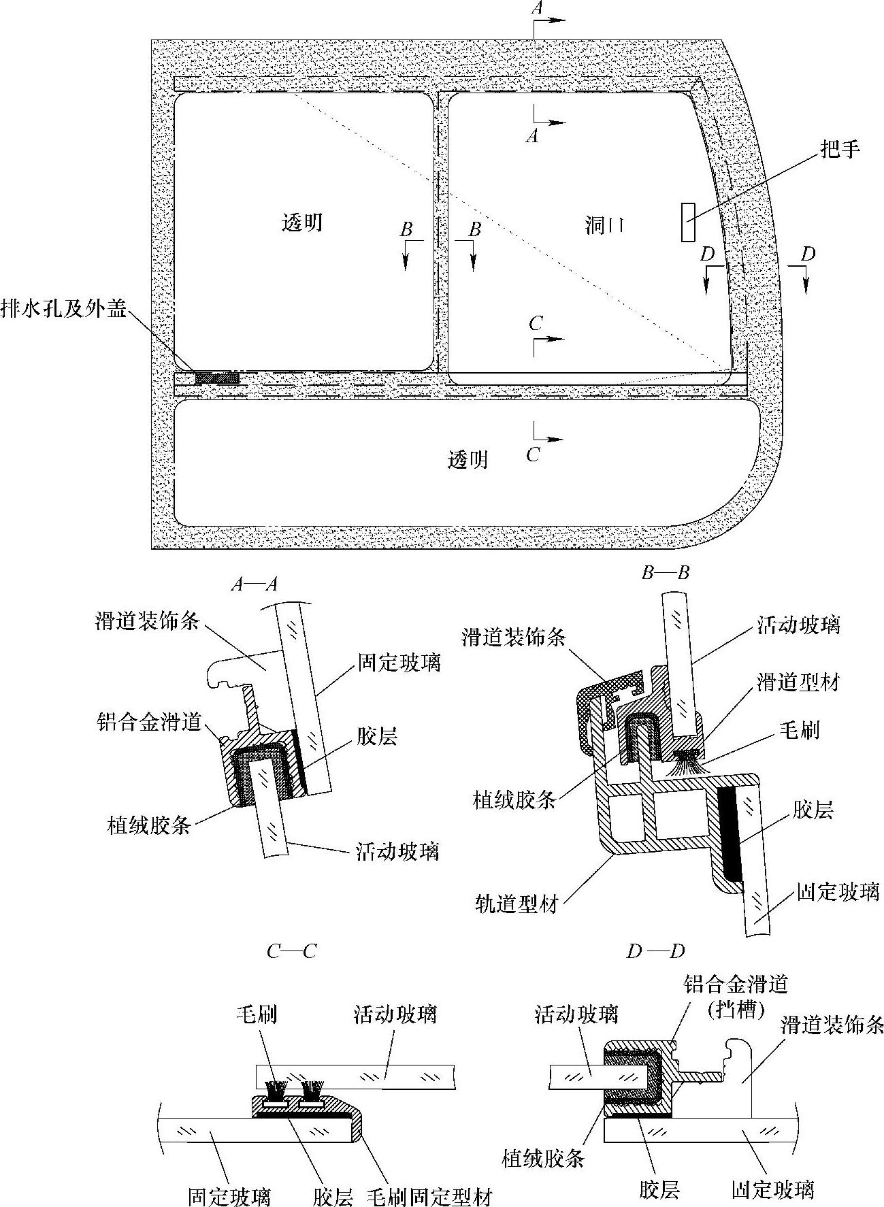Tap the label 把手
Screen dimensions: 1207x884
(x=840, y=149)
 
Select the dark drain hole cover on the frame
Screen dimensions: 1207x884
(x=217, y=378)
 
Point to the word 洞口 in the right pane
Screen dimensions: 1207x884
(x=604, y=225)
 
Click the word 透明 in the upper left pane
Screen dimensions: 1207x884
(x=302, y=222)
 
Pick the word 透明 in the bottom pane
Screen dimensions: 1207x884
(x=468, y=461)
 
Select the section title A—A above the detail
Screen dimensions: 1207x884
(x=254, y=584)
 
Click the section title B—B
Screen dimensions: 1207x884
(x=666, y=573)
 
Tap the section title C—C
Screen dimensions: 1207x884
(x=291, y=950)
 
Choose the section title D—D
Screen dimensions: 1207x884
(x=655, y=950)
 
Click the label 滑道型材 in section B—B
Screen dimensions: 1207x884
(x=798, y=682)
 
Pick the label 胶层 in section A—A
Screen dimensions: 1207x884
(x=377, y=736)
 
